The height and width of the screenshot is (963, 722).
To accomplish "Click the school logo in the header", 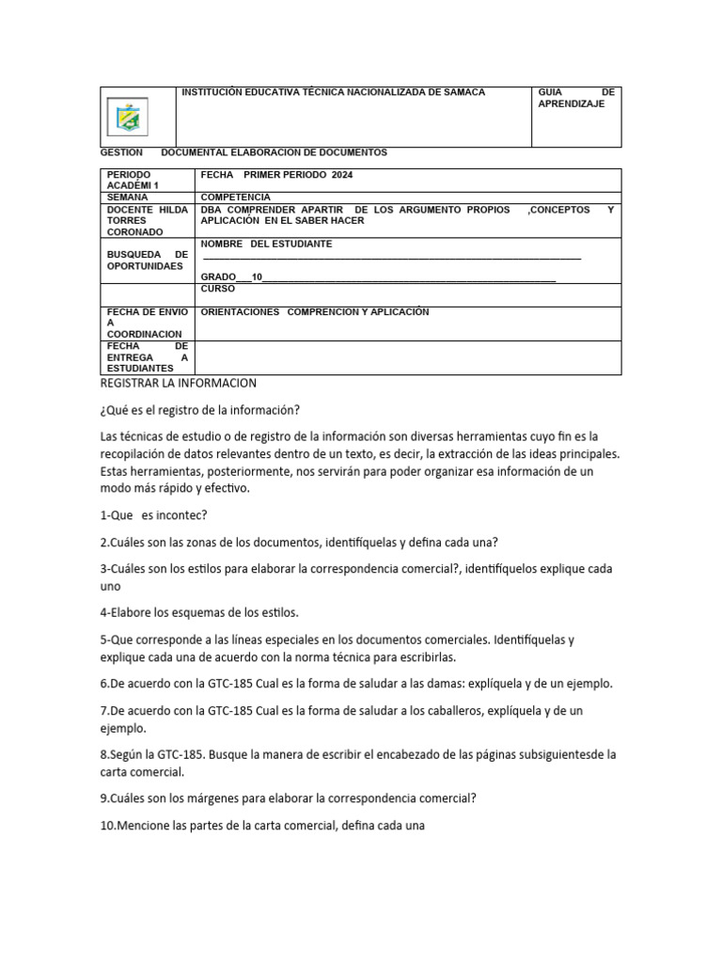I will click(x=126, y=118).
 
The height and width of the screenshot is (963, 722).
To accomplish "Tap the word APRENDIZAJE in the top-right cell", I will click(x=572, y=104).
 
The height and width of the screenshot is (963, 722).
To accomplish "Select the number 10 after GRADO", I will click(x=258, y=276).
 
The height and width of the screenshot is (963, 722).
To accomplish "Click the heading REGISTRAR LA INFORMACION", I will click(x=178, y=384).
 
